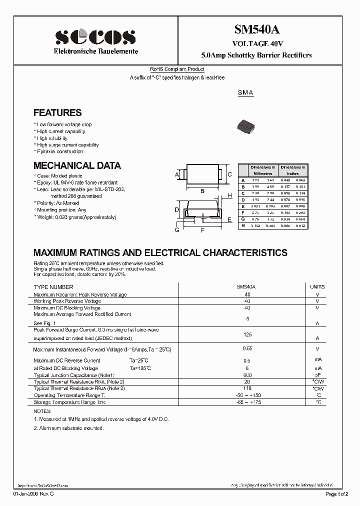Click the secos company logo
pos(95,37)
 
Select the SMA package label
pos(245,93)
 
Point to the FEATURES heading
pos(57,113)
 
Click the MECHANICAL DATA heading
pos(77,165)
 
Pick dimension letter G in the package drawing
pos(177,230)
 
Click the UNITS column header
pos(317,287)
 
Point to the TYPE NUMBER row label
pos(53,287)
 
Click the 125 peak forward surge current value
pos(246,334)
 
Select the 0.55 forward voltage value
pos(246,348)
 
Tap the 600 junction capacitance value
pos(246,375)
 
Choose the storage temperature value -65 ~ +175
pos(246,402)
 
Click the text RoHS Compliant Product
pos(177,69)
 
